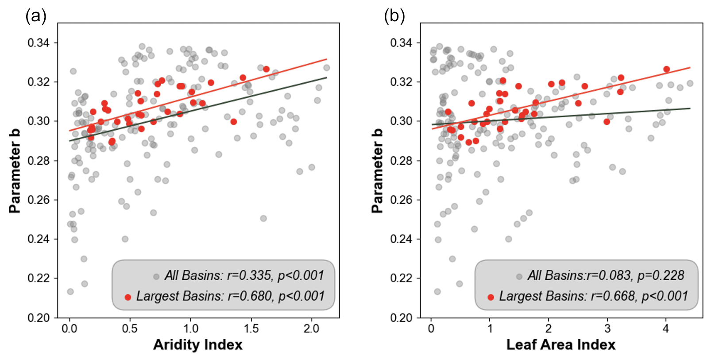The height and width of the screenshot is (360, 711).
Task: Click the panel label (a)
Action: [x=36, y=16]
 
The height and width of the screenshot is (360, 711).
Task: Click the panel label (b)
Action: [x=394, y=16]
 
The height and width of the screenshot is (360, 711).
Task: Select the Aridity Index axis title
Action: [x=197, y=345]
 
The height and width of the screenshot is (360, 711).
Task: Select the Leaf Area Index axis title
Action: [x=560, y=345]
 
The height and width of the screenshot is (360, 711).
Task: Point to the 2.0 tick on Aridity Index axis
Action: [x=311, y=329]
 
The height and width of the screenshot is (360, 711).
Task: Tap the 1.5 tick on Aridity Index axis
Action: [x=251, y=329]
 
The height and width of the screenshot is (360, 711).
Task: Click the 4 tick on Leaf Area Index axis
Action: [x=666, y=329]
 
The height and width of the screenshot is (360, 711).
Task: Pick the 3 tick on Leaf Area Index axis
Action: [x=607, y=329]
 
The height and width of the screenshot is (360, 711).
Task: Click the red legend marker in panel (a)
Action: [x=128, y=297]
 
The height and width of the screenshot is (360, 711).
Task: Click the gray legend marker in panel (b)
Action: [x=519, y=277]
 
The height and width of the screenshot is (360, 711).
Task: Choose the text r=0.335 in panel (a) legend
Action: [x=249, y=275]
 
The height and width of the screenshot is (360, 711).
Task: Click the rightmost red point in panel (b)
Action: [x=666, y=69]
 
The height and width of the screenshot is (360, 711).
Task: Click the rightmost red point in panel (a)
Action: [x=266, y=69]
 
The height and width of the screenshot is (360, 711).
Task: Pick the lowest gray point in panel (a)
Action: [x=70, y=291]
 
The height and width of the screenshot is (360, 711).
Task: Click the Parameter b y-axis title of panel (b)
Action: [x=377, y=171]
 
